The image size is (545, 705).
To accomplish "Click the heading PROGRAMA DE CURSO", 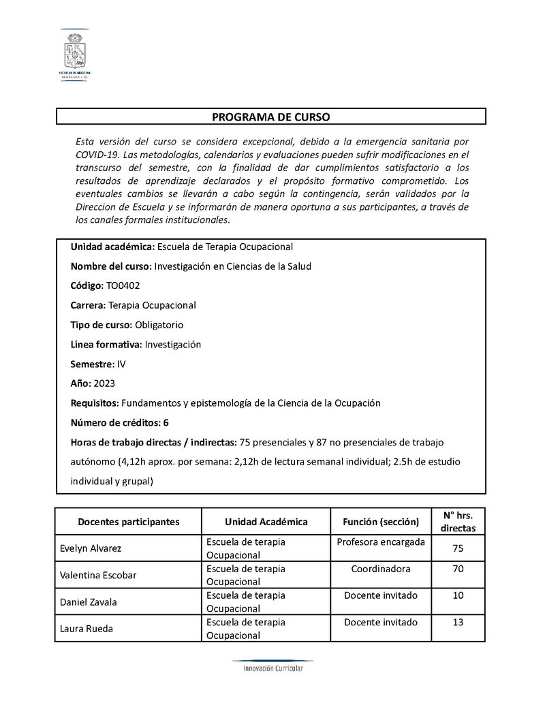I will click(x=270, y=117).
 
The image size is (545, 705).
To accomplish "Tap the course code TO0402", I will click(x=123, y=285).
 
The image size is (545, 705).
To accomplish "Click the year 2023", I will click(x=105, y=383).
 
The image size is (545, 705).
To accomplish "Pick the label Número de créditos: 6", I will click(x=119, y=422).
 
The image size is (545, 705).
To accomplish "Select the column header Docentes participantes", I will click(x=129, y=522).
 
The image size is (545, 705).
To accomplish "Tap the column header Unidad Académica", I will click(x=266, y=522).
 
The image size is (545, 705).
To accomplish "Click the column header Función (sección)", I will click(x=381, y=522).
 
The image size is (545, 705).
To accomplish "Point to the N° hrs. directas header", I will click(x=458, y=521).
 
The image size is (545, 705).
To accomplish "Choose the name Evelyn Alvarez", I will click(x=91, y=548).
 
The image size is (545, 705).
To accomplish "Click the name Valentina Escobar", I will click(x=98, y=575).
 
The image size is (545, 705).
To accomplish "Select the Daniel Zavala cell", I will click(x=89, y=602).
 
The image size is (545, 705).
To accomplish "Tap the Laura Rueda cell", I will click(x=87, y=629).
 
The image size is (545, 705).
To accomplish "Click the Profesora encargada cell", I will click(x=381, y=542).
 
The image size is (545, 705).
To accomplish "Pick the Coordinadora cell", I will click(x=381, y=569).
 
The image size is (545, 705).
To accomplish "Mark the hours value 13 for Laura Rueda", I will click(x=458, y=623).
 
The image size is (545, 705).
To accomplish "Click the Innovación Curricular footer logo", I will click(x=272, y=667).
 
